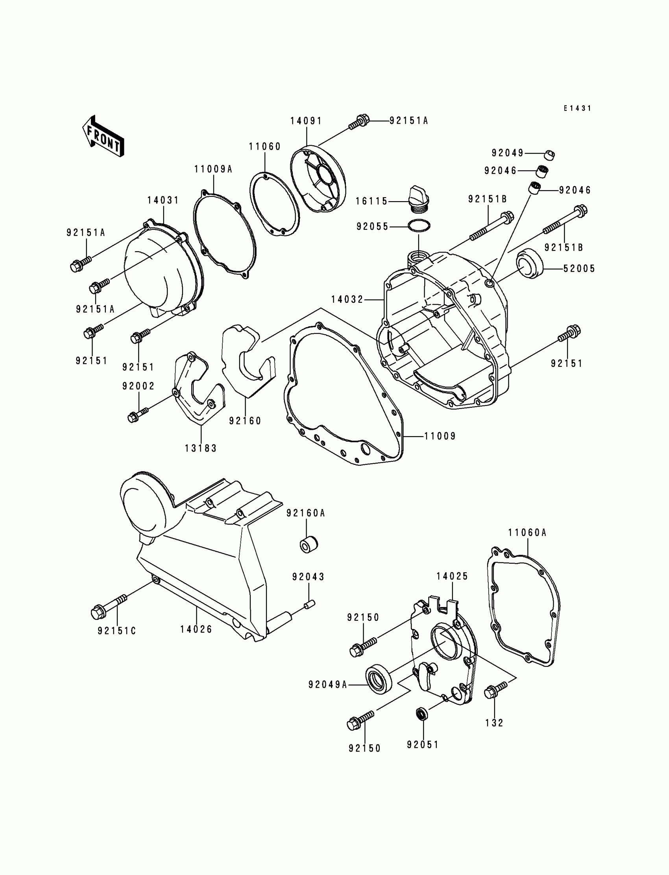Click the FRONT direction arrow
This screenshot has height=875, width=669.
[103, 136]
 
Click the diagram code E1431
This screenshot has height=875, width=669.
[577, 108]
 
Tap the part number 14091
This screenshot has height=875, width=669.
[306, 121]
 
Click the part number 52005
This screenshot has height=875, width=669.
[579, 269]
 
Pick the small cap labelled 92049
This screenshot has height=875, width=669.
[549, 155]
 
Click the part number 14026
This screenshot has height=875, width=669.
[196, 629]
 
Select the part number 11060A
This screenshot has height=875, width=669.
[527, 533]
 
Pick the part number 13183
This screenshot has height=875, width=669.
[201, 448]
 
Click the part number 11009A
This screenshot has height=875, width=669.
[213, 169]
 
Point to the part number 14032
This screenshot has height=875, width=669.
[347, 299]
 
